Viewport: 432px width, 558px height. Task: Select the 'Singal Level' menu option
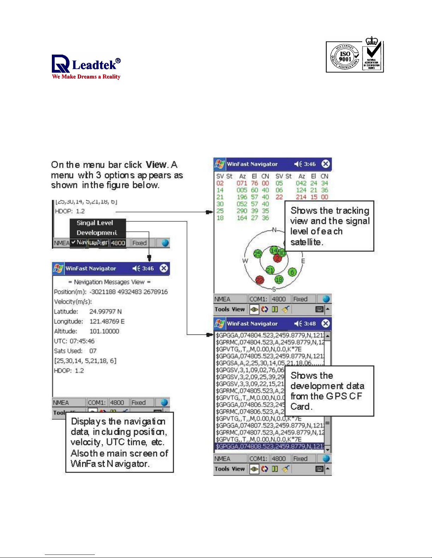[95, 223]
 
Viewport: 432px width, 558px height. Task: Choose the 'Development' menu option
[97, 233]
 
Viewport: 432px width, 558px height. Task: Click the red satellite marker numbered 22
[260, 280]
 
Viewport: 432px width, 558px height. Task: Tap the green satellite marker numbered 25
[258, 253]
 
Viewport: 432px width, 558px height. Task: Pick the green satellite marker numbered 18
[279, 280]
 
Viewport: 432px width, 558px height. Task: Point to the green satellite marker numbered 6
[292, 272]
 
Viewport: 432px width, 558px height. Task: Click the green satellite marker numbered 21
[270, 270]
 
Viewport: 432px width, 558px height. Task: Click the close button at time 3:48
[325, 324]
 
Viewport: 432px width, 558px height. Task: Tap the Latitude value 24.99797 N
[105, 312]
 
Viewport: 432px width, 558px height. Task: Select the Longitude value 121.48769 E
[107, 321]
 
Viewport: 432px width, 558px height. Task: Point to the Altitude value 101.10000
[104, 331]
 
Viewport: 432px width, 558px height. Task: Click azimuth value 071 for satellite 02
[242, 183]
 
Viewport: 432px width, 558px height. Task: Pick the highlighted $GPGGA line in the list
[269, 446]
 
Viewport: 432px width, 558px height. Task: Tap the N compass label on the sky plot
[274, 230]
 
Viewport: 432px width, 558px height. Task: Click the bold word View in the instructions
[156, 165]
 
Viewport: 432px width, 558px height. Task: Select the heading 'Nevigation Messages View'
[109, 282]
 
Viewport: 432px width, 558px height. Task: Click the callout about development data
[329, 391]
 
